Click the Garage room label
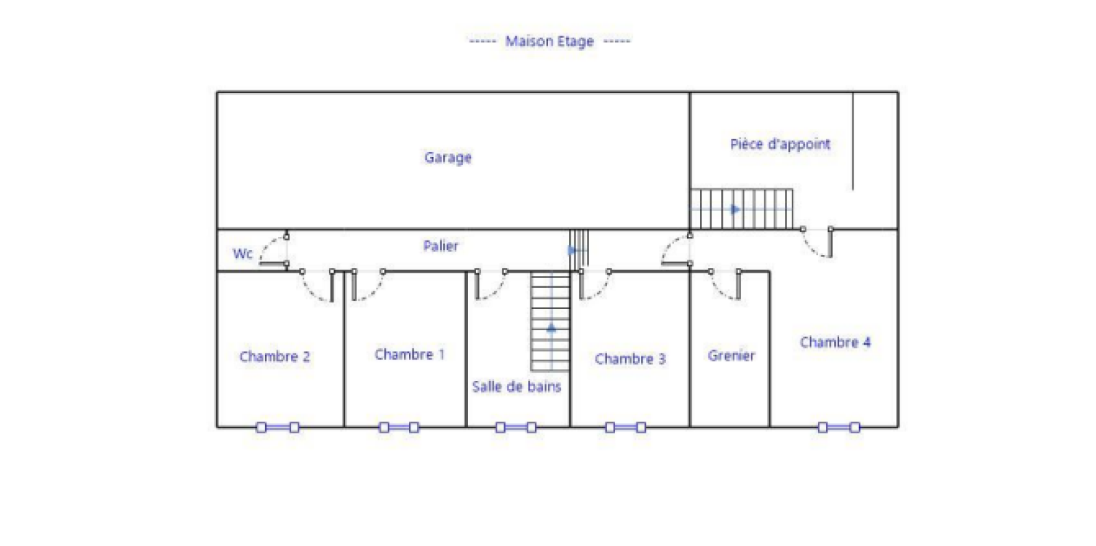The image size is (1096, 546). [x=448, y=158]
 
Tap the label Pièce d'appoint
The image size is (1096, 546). [x=780, y=144]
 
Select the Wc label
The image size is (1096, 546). [x=242, y=253]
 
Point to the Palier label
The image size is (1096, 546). [x=441, y=246]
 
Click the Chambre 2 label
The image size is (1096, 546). [x=275, y=356]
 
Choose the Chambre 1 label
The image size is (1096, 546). [x=410, y=354]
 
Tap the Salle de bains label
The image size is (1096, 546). [x=516, y=386]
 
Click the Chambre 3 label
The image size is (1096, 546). [x=630, y=358]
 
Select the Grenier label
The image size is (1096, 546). [x=731, y=355]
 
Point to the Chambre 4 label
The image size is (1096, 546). [x=835, y=342]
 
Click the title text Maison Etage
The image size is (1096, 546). [x=549, y=41]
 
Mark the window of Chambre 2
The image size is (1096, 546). [x=278, y=427]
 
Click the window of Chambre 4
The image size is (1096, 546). [x=838, y=427]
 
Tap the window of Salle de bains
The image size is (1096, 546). [x=516, y=427]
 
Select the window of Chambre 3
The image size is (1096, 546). [x=625, y=427]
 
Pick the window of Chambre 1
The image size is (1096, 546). [x=399, y=427]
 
